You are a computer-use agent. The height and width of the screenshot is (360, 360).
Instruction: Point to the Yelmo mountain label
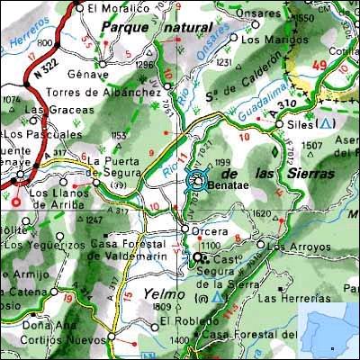pos(163,293)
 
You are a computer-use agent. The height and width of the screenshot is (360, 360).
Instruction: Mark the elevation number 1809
pos(163,308)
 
